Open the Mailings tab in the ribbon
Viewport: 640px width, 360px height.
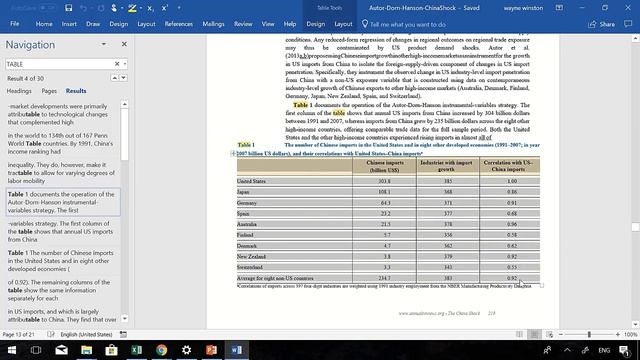point(213,23)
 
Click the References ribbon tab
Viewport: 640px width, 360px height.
point(179,23)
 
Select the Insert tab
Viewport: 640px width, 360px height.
point(69,23)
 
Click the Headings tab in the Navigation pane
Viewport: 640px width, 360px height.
point(19,90)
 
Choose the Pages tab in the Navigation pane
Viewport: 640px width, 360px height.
point(48,90)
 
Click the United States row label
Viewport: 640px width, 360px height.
point(251,181)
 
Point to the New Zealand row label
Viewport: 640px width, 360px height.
point(253,257)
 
